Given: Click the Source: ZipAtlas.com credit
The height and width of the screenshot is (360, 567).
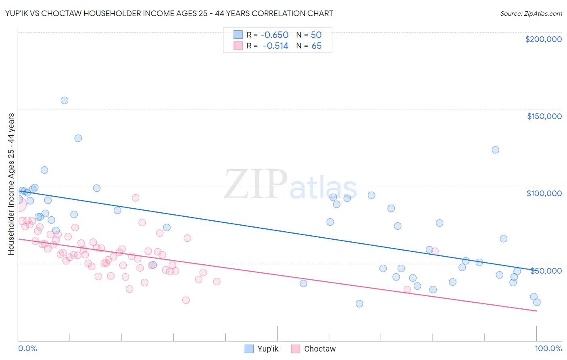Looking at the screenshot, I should [531, 13].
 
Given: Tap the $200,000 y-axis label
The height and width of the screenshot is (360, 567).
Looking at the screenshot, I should [543, 39].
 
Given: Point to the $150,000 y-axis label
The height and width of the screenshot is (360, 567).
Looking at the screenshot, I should [544, 116].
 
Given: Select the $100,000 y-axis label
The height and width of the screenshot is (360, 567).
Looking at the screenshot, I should [544, 193].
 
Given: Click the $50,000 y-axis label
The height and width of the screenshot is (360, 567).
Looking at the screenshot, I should [546, 270].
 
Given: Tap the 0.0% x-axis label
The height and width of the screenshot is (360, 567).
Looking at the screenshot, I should [27, 348].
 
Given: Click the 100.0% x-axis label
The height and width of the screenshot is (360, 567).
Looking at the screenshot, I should [548, 348].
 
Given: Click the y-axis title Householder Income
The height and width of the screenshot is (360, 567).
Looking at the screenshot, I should [11, 184].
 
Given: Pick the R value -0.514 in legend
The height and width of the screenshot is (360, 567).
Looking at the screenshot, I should [275, 46].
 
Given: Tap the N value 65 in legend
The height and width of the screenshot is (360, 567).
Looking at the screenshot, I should [317, 46].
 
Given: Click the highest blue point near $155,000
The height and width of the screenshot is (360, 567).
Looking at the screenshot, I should [65, 100].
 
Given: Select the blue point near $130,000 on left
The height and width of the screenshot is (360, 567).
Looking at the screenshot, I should [78, 138].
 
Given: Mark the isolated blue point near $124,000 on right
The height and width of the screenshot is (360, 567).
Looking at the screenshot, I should [496, 150].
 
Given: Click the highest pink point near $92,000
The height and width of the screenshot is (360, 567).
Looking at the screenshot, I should [135, 198].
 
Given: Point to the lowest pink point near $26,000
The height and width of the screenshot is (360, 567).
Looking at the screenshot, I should [186, 300].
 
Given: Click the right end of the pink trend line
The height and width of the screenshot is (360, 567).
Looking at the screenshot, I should [536, 311].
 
